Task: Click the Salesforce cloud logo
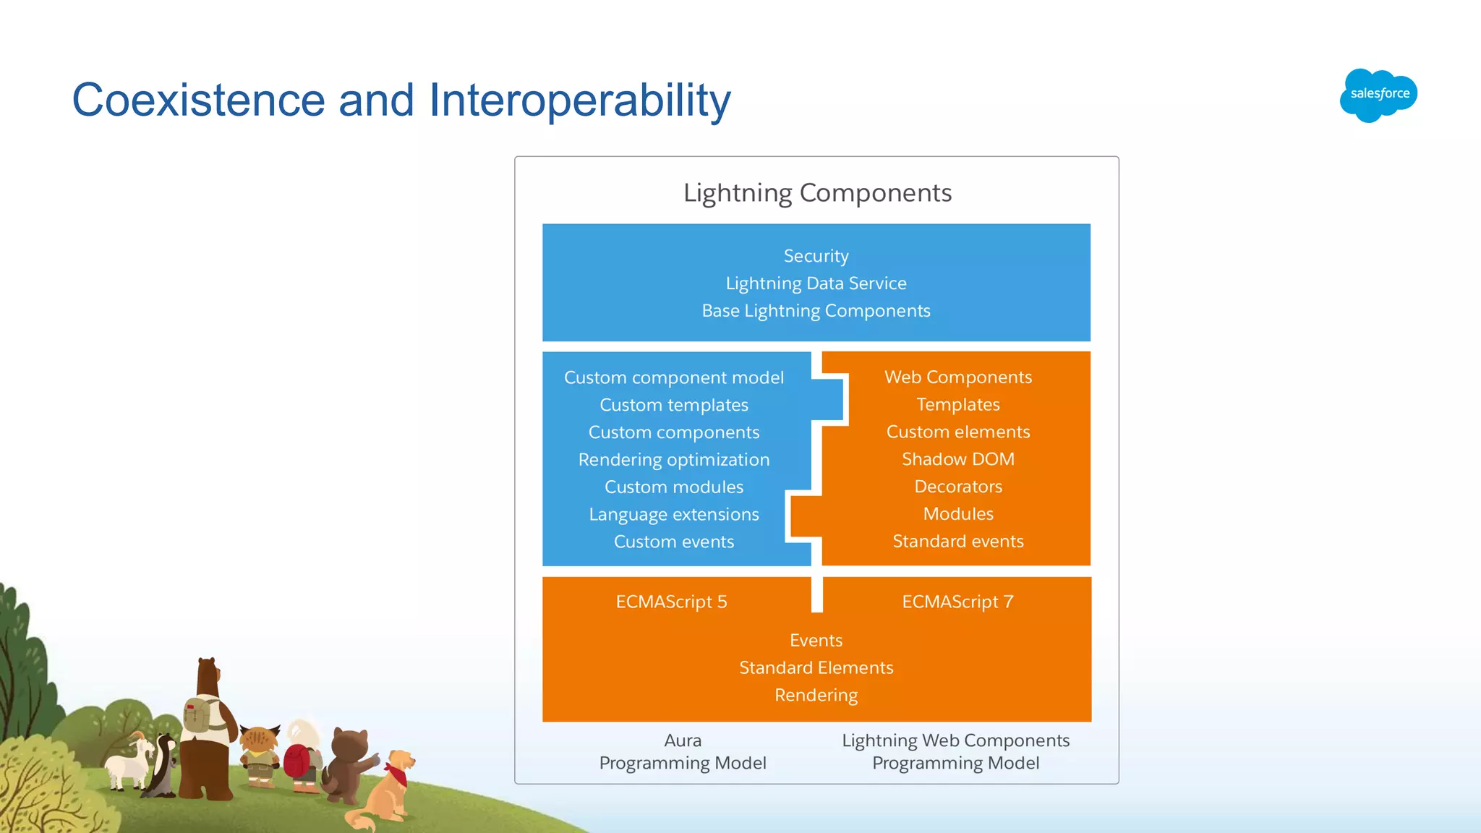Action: (1378, 95)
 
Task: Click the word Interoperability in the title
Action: (579, 100)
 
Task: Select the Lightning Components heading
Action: (817, 193)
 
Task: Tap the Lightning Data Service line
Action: (816, 283)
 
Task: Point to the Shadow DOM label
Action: (957, 459)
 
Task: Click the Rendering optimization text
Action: (673, 460)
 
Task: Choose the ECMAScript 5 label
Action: (671, 602)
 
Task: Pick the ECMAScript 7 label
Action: (957, 602)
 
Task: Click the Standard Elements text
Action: (816, 667)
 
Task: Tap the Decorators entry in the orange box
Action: (957, 487)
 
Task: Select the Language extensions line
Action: (673, 514)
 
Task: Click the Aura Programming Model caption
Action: (682, 751)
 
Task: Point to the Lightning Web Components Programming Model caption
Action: (955, 751)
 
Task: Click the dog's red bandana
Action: (398, 775)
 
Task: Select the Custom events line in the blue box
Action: (673, 542)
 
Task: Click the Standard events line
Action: (957, 542)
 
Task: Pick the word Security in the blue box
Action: (816, 256)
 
